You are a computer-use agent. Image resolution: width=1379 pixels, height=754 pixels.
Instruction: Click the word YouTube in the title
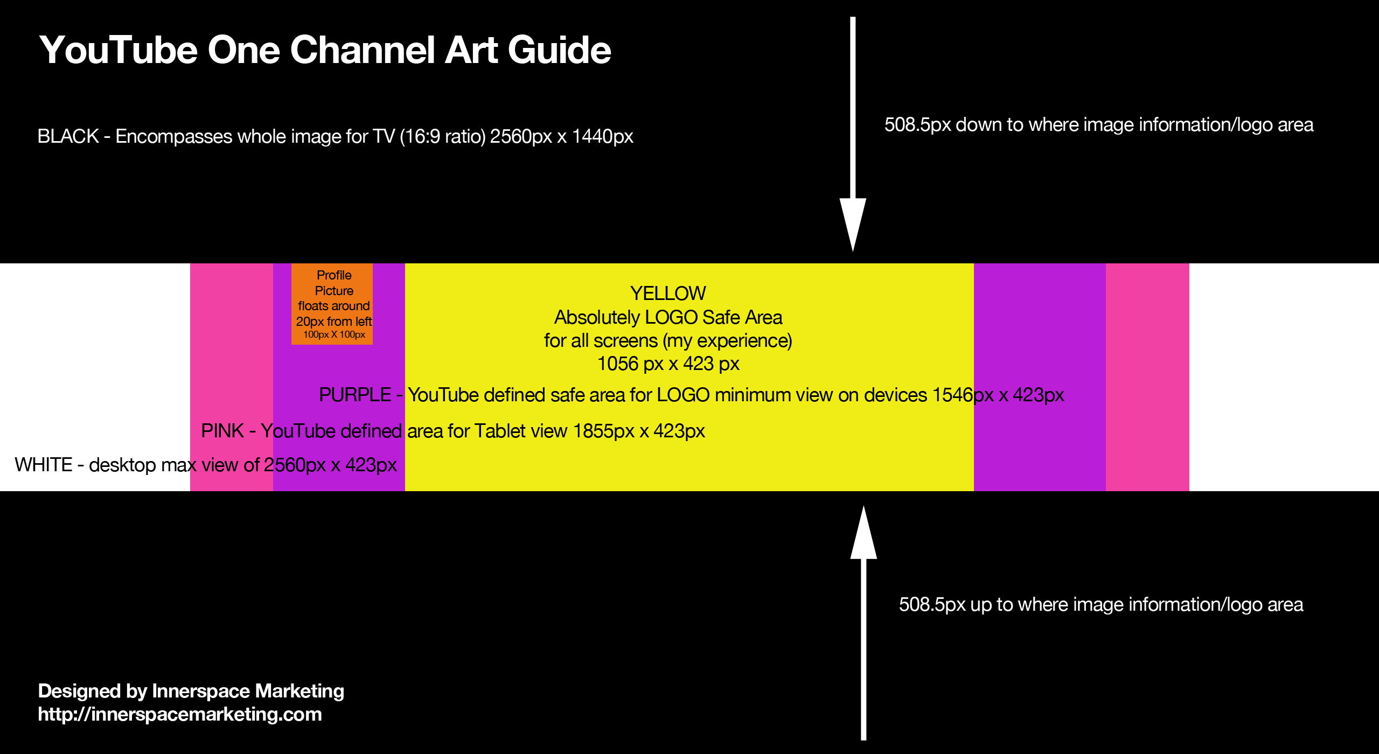[x=119, y=50]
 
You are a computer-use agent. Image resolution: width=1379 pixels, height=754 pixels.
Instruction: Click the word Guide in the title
[x=559, y=50]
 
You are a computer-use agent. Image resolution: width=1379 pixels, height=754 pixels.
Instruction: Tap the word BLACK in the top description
[x=68, y=136]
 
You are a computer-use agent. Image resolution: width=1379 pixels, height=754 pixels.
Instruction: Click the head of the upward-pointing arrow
[x=863, y=532]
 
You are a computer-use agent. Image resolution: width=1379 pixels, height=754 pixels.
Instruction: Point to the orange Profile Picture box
[x=332, y=304]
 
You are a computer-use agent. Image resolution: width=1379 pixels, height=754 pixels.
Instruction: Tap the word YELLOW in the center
[x=668, y=294]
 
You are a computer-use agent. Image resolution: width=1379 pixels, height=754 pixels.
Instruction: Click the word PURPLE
[x=355, y=395]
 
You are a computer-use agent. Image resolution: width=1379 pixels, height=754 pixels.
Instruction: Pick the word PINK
[x=222, y=431]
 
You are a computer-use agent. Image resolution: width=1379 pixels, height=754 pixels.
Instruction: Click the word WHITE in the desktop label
[x=44, y=465]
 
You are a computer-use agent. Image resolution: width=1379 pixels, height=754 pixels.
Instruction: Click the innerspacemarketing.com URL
[x=180, y=714]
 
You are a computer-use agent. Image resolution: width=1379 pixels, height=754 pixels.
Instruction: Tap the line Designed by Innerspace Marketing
[x=191, y=691]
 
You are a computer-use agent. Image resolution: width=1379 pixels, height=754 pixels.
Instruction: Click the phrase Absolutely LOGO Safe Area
[x=668, y=318]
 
